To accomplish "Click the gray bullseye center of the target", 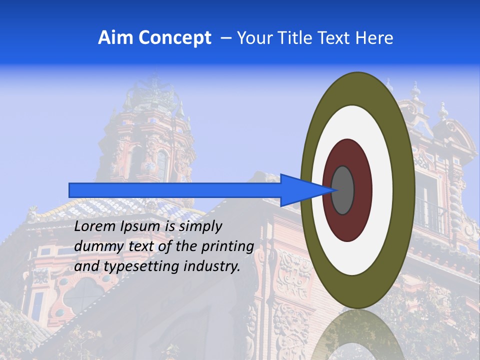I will [x=343, y=190].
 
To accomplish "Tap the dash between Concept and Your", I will [x=225, y=38].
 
